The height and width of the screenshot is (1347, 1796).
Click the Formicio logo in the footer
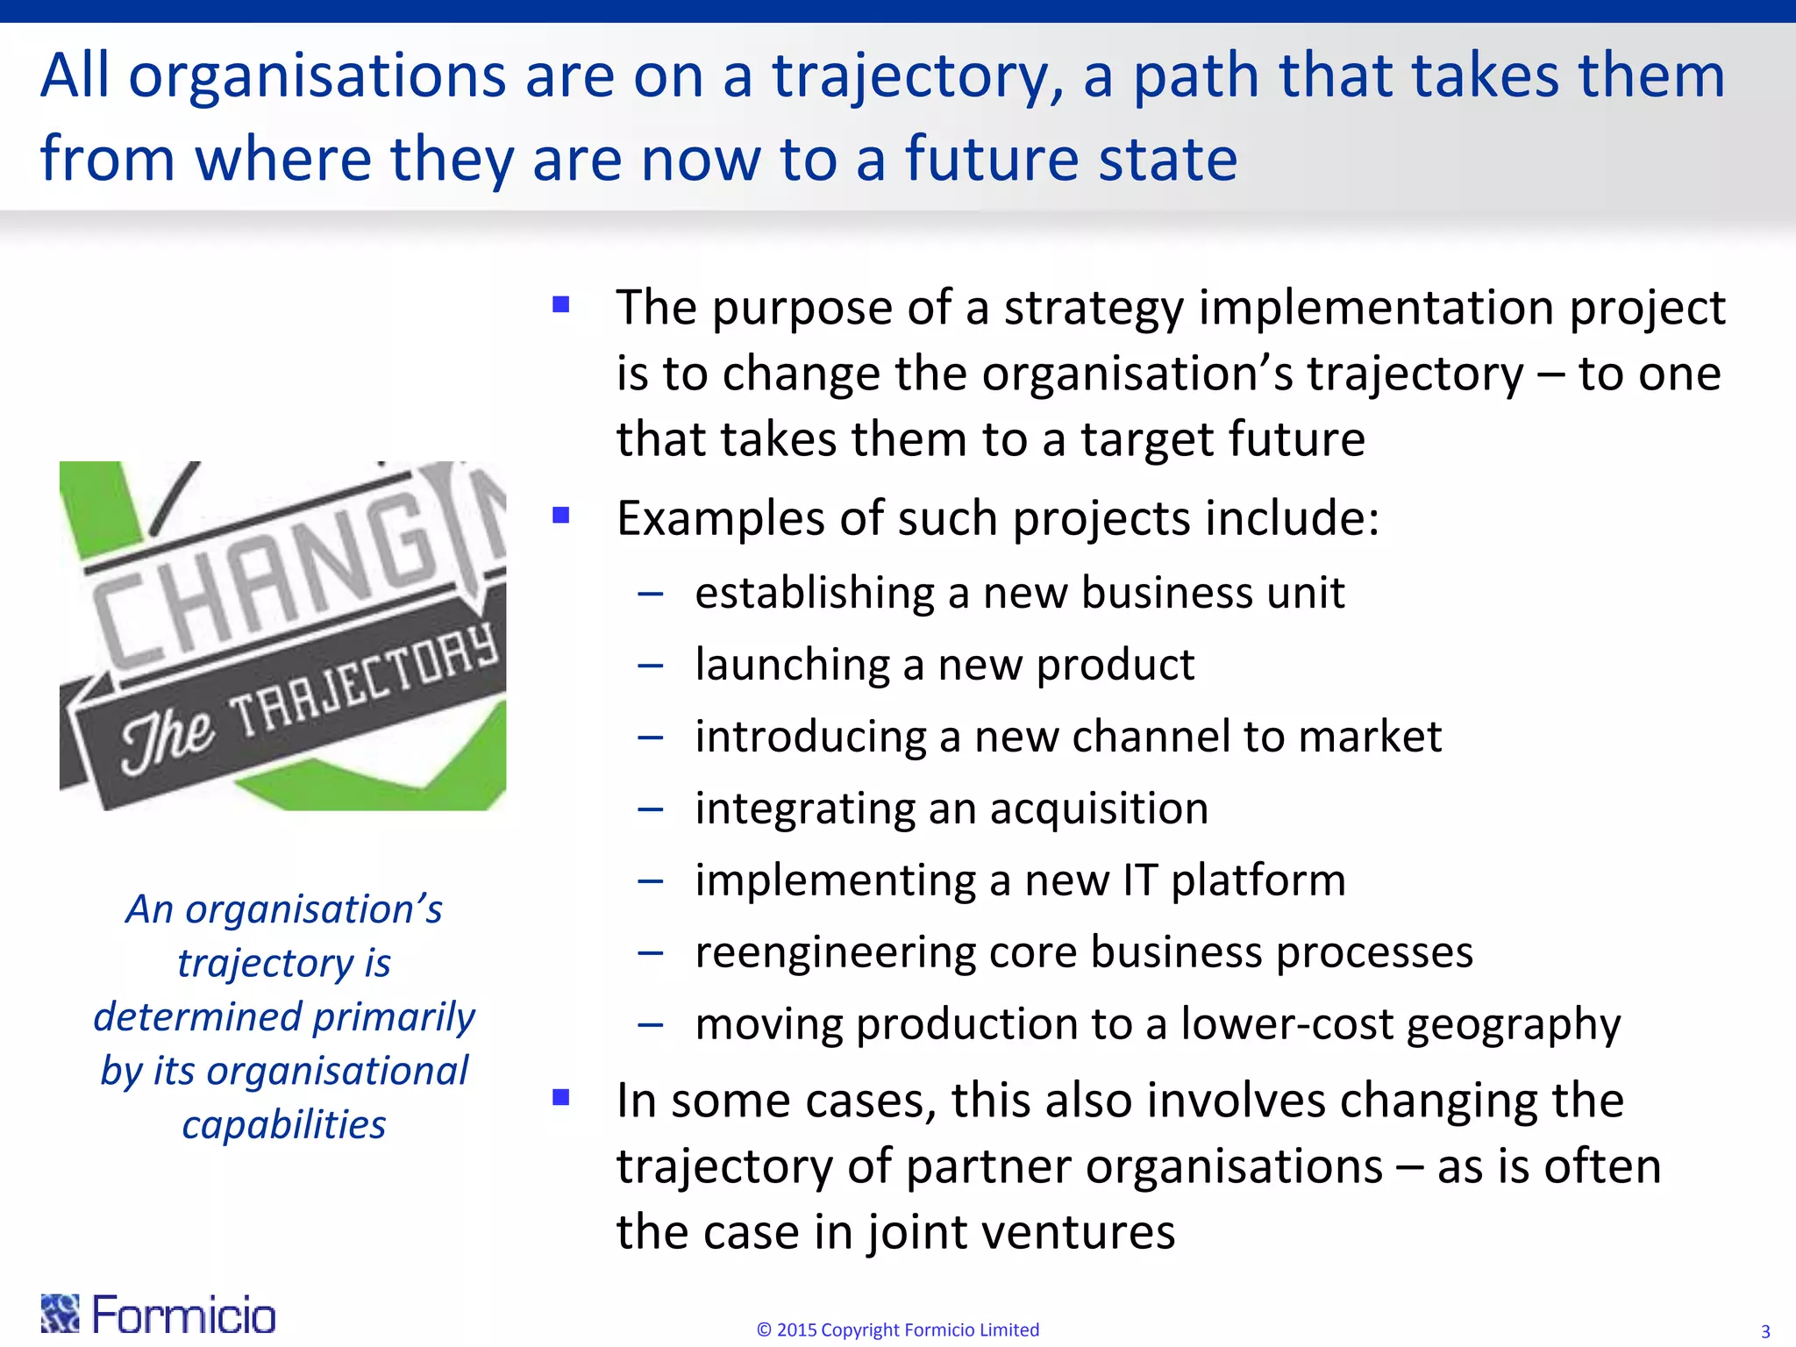[x=159, y=1314]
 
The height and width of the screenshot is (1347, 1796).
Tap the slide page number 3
[x=1765, y=1331]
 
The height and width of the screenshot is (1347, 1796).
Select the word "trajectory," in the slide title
[x=917, y=77]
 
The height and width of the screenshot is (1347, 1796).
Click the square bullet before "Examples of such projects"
[x=561, y=515]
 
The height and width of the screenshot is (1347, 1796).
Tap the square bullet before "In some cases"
[x=561, y=1096]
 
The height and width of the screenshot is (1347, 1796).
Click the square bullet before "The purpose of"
[x=561, y=304]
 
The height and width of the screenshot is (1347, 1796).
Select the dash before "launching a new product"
[x=651, y=666]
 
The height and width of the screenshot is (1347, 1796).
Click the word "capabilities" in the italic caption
[x=284, y=1125]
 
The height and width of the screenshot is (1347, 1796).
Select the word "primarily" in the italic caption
[x=394, y=1017]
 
